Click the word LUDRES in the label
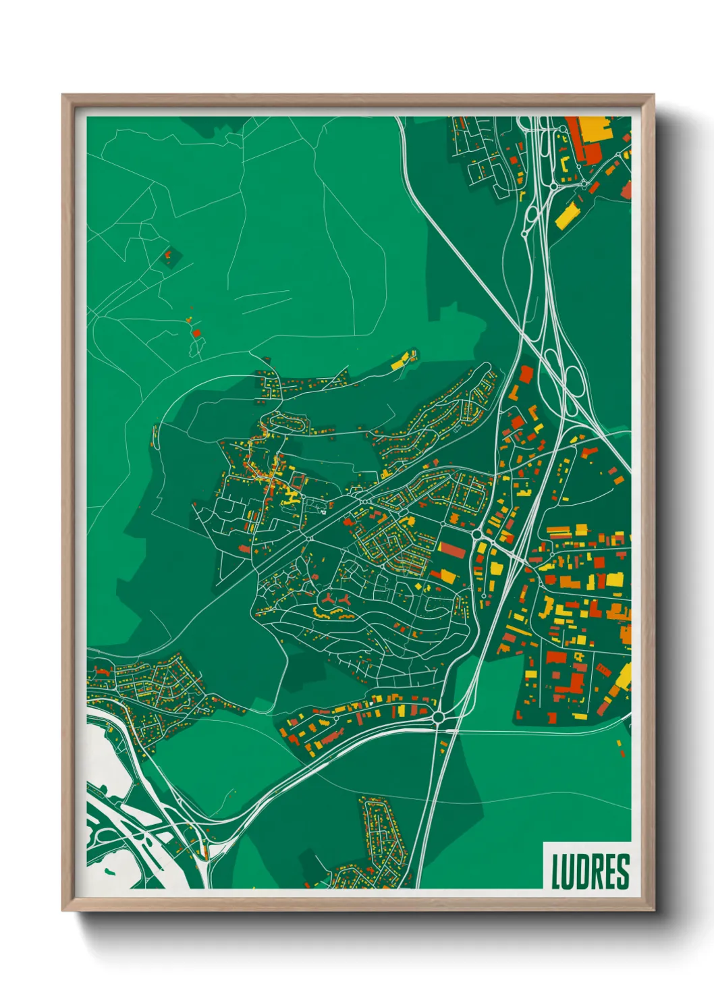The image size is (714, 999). [x=590, y=871]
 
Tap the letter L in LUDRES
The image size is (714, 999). [x=557, y=871]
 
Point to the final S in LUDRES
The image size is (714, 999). [x=623, y=871]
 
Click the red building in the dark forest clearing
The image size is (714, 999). [x=169, y=256]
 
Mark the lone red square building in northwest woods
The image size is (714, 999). [x=196, y=333]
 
